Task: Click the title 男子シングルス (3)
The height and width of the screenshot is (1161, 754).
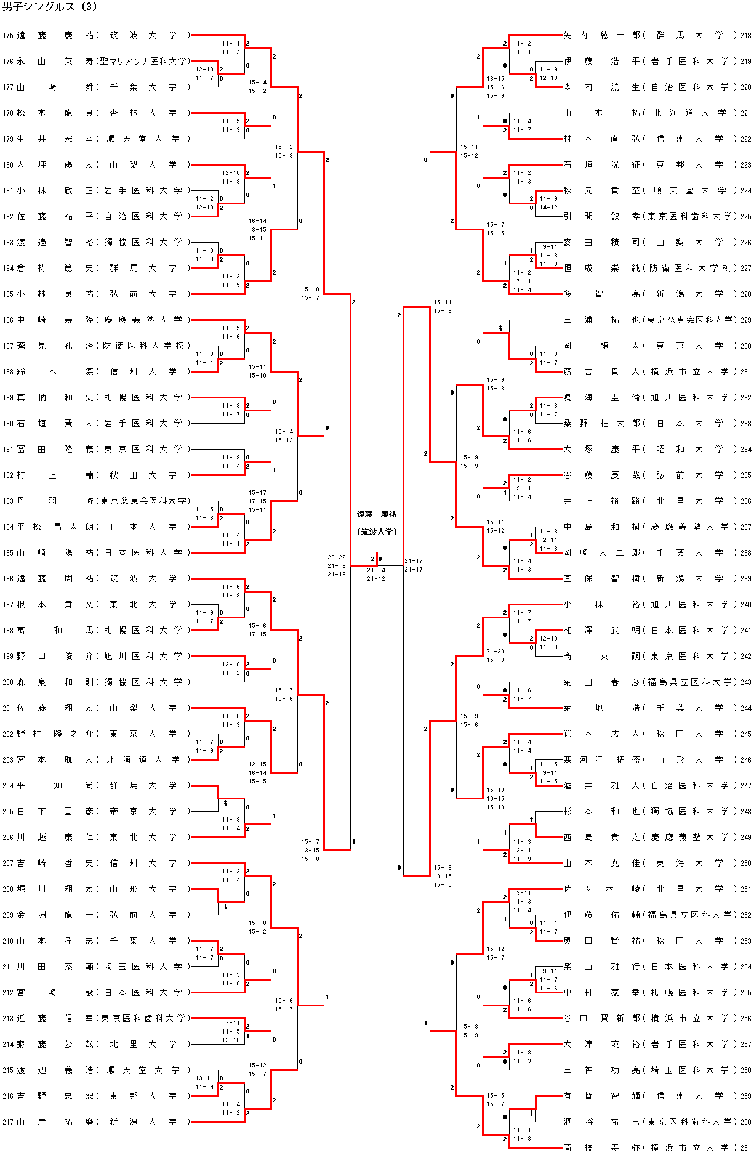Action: [x=50, y=7]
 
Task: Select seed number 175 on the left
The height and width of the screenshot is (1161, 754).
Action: [x=7, y=36]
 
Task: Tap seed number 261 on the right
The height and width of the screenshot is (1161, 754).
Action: [x=745, y=1147]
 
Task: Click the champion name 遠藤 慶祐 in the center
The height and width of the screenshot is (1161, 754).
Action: [x=377, y=514]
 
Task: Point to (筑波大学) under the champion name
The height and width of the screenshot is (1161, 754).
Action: [x=377, y=532]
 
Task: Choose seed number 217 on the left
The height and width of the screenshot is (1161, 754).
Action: [x=7, y=1122]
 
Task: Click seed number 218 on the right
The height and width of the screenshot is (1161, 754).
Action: [x=745, y=36]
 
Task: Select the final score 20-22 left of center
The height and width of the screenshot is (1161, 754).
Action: [x=336, y=557]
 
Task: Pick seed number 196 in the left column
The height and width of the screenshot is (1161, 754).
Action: [x=7, y=578]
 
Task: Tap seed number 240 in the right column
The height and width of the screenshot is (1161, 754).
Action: [x=745, y=604]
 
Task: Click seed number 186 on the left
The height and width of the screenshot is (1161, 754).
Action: [x=7, y=320]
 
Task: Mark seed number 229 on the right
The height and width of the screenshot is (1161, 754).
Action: [x=745, y=320]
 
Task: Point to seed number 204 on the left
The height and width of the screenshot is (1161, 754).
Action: [x=7, y=785]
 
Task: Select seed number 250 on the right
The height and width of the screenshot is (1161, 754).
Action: [x=745, y=863]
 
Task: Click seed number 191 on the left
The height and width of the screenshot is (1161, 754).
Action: [x=7, y=449]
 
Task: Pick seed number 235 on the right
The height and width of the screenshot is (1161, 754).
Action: [x=745, y=475]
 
